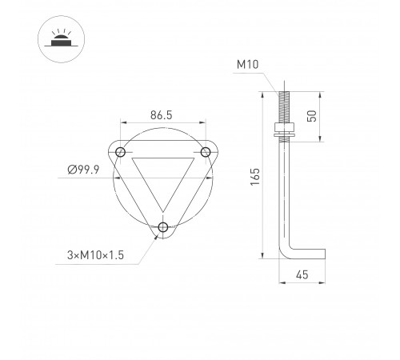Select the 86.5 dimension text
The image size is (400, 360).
pyautogui.click(x=162, y=114)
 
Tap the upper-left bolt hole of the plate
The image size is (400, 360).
pyautogui.click(x=121, y=152)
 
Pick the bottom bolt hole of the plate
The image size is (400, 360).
pyautogui.click(x=164, y=227)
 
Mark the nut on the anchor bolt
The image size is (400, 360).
pyautogui.click(x=285, y=128)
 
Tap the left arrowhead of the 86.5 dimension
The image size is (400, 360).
pyautogui.click(x=123, y=122)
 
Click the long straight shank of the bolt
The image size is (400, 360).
pyautogui.click(x=285, y=192)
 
